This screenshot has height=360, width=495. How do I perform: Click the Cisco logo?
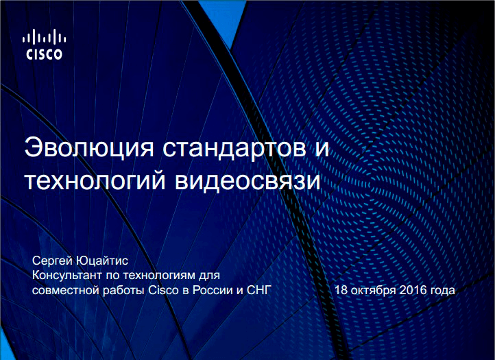tap(44, 44)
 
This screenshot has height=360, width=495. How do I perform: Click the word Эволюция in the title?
tap(89, 148)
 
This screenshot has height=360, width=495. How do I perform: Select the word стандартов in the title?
tap(234, 148)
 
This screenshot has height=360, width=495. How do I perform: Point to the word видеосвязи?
tap(247, 180)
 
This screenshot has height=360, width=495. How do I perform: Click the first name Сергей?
tap(52, 261)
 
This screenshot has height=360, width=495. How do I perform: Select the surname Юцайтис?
tap(102, 261)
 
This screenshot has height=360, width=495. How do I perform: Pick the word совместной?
tap(66, 290)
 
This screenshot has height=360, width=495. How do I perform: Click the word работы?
tap(123, 291)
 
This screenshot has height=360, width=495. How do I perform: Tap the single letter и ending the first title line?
tap(322, 149)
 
